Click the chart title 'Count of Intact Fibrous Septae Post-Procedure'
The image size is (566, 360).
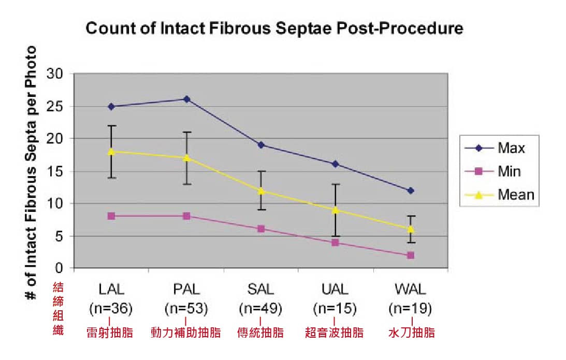(274, 28)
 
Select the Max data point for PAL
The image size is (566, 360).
(186, 99)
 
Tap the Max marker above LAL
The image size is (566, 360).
(111, 106)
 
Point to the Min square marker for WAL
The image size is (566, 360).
(410, 255)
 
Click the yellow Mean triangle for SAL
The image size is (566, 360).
(261, 191)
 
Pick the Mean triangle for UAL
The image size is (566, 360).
(336, 210)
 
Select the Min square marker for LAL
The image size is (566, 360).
(111, 216)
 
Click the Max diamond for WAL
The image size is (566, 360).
(410, 191)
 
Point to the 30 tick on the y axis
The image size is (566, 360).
(57, 74)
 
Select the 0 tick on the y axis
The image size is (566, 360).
(62, 268)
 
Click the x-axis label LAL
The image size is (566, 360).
(111, 289)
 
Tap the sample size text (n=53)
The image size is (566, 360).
(186, 309)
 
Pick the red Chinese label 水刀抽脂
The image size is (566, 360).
(411, 332)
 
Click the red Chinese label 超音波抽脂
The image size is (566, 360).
(336, 332)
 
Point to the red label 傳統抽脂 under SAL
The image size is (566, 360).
(260, 332)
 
